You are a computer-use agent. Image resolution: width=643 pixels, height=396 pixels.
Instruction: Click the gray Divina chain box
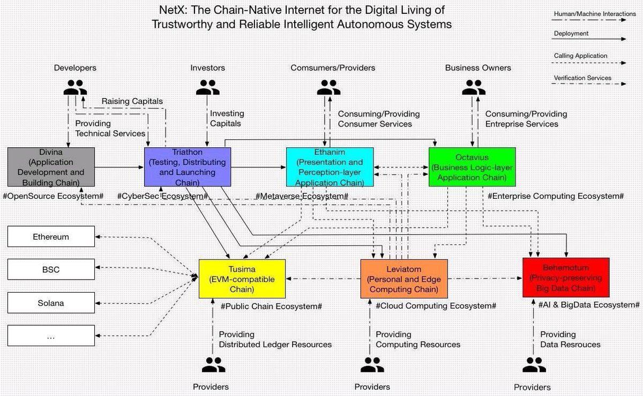pyautogui.click(x=51, y=167)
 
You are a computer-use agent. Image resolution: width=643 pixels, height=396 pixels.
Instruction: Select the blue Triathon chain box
pyautogui.click(x=188, y=167)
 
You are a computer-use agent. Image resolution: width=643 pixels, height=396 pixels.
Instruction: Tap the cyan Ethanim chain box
pyautogui.click(x=329, y=167)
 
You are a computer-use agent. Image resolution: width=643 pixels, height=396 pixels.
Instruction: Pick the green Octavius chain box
pyautogui.click(x=472, y=167)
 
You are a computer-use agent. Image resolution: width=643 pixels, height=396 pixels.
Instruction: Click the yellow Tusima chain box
pyautogui.click(x=242, y=279)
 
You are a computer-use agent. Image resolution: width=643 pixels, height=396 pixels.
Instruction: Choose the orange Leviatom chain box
pyautogui.click(x=403, y=279)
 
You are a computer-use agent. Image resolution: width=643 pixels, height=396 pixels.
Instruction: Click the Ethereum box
pyautogui.click(x=51, y=237)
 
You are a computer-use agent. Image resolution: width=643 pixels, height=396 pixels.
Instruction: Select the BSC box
pyautogui.click(x=51, y=270)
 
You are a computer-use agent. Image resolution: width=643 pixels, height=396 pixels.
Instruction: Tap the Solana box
pyautogui.click(x=51, y=303)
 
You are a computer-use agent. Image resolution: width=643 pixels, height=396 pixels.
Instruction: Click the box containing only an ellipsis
pyautogui.click(x=51, y=335)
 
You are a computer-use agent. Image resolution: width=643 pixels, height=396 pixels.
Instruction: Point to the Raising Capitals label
pyautogui.click(x=132, y=101)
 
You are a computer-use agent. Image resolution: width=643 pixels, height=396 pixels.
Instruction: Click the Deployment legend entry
pyautogui.click(x=571, y=33)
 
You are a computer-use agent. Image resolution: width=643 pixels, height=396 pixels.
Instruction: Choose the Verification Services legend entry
pyautogui.click(x=582, y=78)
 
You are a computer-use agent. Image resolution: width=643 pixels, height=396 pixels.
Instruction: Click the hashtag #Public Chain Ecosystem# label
pyautogui.click(x=271, y=306)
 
